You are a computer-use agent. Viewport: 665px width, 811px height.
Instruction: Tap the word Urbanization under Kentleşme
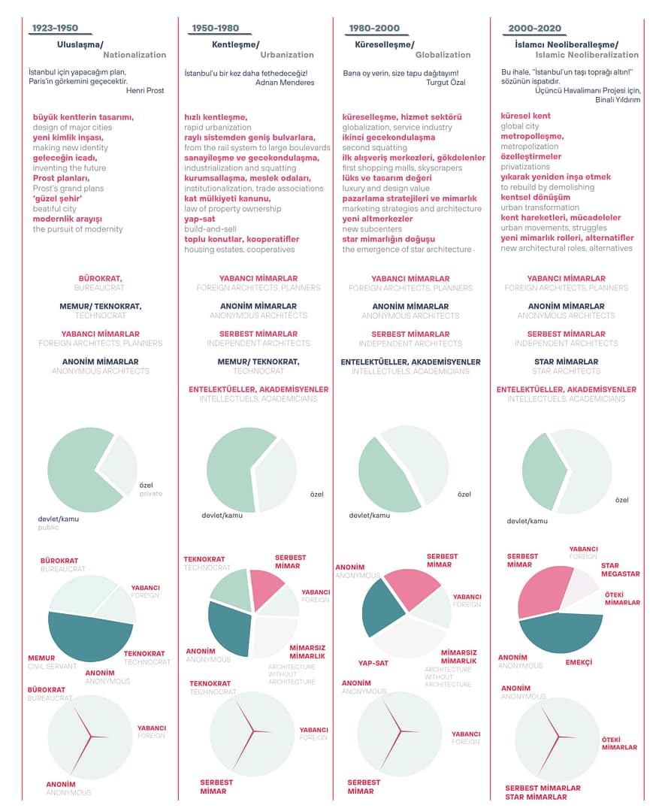click(287, 55)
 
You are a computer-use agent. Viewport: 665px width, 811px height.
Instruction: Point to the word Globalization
click(443, 55)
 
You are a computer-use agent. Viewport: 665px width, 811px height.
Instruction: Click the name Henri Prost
click(145, 90)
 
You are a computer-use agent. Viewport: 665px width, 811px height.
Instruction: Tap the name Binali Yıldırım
click(617, 99)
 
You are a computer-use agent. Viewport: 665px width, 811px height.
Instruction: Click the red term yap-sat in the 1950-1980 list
click(200, 219)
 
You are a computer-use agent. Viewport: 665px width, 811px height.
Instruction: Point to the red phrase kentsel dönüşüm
click(535, 197)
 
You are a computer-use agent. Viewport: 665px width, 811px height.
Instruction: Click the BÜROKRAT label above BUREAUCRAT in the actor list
click(101, 278)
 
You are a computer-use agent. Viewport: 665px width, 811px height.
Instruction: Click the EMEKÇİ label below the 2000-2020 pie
click(579, 663)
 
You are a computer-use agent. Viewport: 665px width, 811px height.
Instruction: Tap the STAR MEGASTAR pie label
click(620, 570)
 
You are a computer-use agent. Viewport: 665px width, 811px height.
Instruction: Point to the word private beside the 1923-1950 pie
click(150, 494)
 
